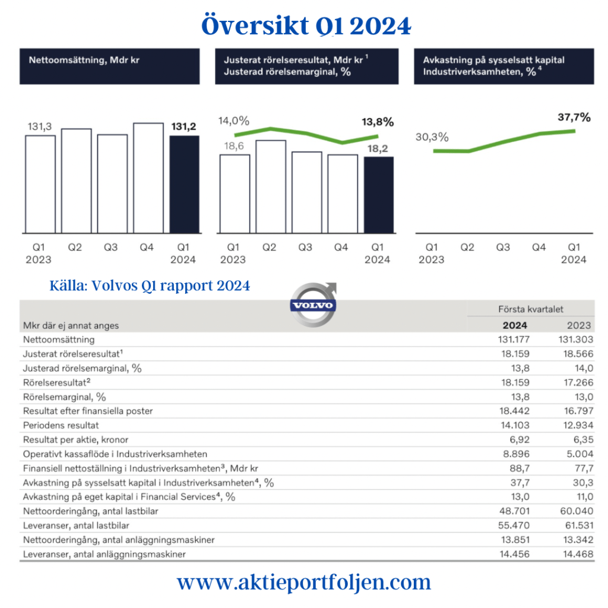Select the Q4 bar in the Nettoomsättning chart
coord(148,178)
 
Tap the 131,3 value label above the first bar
coord(40,126)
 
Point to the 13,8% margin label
coord(377,122)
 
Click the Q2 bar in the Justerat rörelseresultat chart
coord(270,186)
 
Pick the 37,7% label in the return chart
coord(574,118)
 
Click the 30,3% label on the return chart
coord(432,137)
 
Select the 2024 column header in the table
coord(514,325)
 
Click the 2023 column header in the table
coord(578,325)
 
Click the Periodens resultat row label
coord(61,425)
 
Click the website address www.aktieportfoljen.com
coord(304,581)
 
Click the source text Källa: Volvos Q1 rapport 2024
coord(150,286)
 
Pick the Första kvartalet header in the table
coord(530,309)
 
